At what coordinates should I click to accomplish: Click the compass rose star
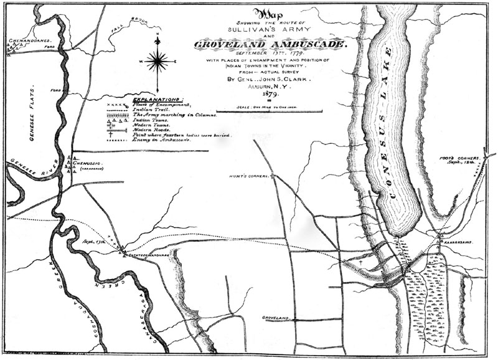tap(159, 61)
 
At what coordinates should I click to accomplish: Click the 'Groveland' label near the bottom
tap(277, 318)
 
